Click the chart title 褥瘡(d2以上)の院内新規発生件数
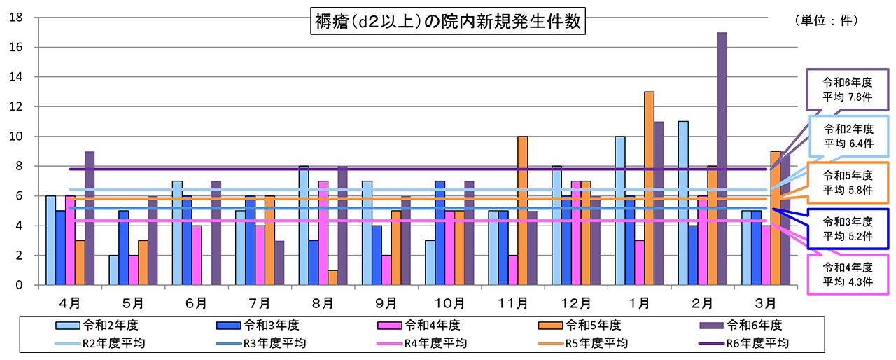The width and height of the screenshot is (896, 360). coord(447,21)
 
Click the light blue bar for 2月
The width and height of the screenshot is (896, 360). coord(683,203)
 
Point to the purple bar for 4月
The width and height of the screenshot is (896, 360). coord(90,218)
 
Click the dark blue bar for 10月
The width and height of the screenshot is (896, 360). coord(440,233)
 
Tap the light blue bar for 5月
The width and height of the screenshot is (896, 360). coord(114,270)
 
